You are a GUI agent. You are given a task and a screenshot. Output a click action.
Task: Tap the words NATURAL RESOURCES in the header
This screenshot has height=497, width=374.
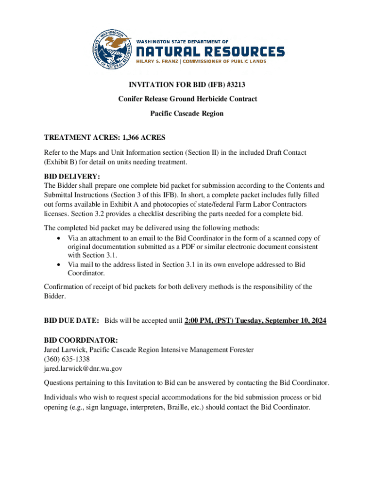[x=209, y=52]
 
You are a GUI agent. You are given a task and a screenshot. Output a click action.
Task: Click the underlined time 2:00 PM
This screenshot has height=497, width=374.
[x=200, y=321]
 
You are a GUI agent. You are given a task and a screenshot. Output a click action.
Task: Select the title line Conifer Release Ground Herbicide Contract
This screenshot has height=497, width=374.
[x=187, y=99]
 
